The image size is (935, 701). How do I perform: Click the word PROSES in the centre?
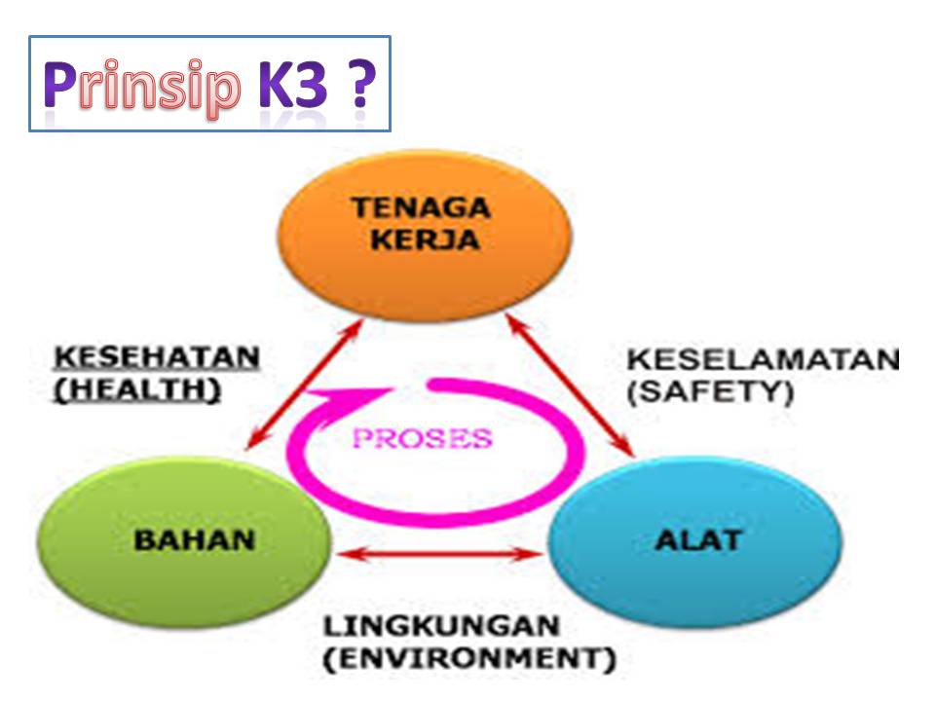pos(422,439)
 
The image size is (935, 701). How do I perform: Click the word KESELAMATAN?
pos(762,359)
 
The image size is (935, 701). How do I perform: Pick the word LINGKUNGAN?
pos(440,625)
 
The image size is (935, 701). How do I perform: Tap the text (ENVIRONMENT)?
pos(469,658)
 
